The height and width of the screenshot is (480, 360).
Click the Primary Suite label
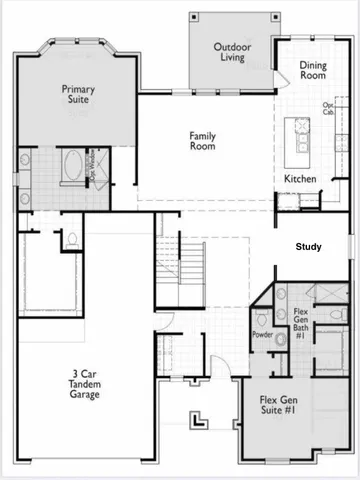(78, 95)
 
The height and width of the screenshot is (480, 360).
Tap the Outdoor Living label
(232, 52)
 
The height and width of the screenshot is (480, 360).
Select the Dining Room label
(313, 70)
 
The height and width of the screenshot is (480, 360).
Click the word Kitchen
(300, 179)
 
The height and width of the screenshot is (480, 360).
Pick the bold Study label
(308, 246)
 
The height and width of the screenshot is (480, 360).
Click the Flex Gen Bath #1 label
(300, 321)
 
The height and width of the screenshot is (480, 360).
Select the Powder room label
(263, 335)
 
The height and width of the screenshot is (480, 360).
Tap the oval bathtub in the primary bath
(74, 166)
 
